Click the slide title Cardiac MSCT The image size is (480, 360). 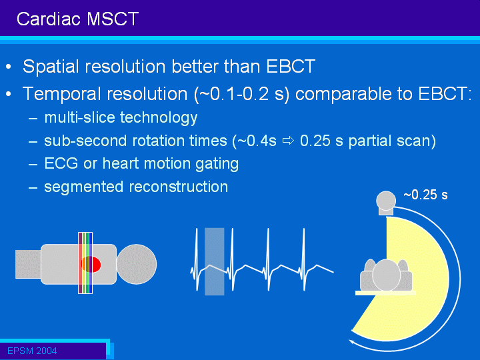click(x=78, y=19)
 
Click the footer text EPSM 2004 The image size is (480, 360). click(x=32, y=351)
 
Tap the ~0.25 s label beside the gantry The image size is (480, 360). click(x=426, y=195)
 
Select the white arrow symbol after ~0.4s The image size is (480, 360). click(x=288, y=141)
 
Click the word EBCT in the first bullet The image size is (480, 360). click(x=291, y=66)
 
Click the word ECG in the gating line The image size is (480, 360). click(x=61, y=163)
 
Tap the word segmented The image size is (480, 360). click(x=83, y=187)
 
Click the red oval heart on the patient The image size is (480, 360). click(x=91, y=264)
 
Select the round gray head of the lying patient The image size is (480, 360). click(x=137, y=264)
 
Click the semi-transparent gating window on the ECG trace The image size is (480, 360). click(x=214, y=261)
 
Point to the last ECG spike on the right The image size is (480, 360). click(x=304, y=259)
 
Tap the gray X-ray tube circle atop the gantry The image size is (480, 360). click(x=386, y=201)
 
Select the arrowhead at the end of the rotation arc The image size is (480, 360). click(x=352, y=341)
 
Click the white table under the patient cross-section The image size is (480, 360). click(x=385, y=293)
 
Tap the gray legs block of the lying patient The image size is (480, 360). click(x=28, y=264)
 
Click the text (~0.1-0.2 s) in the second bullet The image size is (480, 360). click(x=241, y=94)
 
